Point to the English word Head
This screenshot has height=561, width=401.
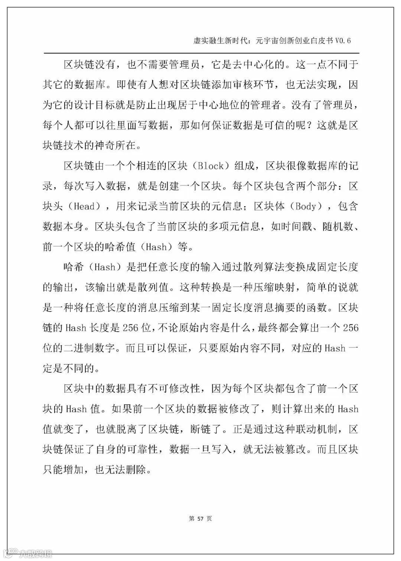(x=85, y=206)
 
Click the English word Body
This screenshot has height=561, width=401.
(x=305, y=206)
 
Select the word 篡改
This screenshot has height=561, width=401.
(x=296, y=450)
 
